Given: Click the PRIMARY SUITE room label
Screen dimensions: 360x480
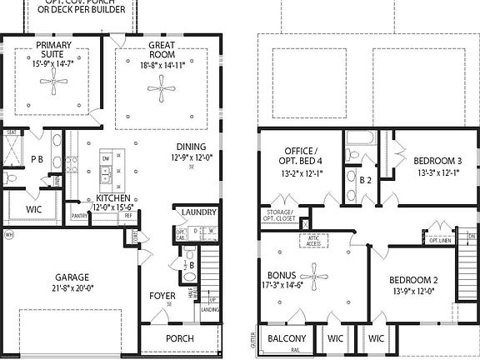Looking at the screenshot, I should [x=52, y=49].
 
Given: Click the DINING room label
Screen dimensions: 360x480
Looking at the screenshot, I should [x=192, y=146].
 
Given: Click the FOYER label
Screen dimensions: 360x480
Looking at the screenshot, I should [x=162, y=295].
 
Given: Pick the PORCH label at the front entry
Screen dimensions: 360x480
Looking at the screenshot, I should [x=180, y=338].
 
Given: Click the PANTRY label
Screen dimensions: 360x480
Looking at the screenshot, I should [x=79, y=215].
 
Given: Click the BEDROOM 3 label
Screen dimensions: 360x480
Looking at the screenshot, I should [x=437, y=161].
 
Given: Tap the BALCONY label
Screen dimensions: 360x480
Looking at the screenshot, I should [x=287, y=339].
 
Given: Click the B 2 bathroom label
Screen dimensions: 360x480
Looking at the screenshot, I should [x=365, y=179].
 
